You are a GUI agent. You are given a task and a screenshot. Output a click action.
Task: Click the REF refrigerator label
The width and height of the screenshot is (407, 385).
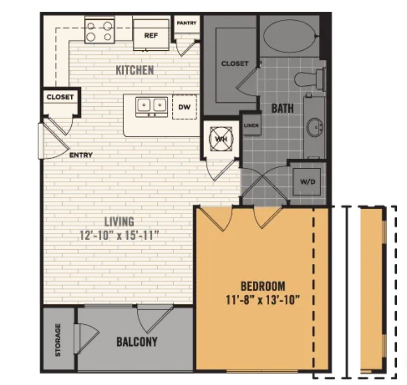tap(150, 36)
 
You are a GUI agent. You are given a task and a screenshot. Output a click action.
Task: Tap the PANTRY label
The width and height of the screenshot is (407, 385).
tap(186, 23)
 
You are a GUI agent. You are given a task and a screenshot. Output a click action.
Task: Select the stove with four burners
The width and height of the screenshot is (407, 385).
tap(99, 30)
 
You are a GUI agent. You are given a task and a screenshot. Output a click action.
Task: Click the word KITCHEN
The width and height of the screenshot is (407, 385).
tap(134, 70)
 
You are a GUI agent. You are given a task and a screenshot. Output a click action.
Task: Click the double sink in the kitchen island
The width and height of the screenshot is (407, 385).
tap(152, 105)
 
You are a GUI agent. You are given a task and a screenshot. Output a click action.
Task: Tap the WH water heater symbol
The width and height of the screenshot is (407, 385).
tap(221, 138)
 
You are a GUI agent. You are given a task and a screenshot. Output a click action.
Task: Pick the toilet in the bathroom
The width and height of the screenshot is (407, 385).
tap(309, 79)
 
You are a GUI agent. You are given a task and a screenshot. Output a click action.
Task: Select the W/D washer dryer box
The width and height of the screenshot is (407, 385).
tap(307, 181)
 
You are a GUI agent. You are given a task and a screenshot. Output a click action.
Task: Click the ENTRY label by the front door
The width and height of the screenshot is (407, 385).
tap(81, 155)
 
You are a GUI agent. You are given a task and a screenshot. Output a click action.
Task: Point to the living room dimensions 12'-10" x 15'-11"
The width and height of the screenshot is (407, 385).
tap(119, 235)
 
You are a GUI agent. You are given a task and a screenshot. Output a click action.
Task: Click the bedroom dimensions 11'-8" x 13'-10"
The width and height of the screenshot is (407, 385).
tap(263, 299)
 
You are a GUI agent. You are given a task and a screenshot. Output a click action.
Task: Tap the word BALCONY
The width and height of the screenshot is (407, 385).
tap(136, 341)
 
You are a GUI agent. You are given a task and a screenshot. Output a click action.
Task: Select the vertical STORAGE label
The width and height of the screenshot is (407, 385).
tap(58, 339)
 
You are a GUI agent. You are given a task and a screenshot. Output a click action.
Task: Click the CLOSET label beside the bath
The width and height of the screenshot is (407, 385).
tap(235, 64)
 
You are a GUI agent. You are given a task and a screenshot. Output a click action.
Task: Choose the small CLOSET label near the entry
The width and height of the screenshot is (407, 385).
tap(60, 97)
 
